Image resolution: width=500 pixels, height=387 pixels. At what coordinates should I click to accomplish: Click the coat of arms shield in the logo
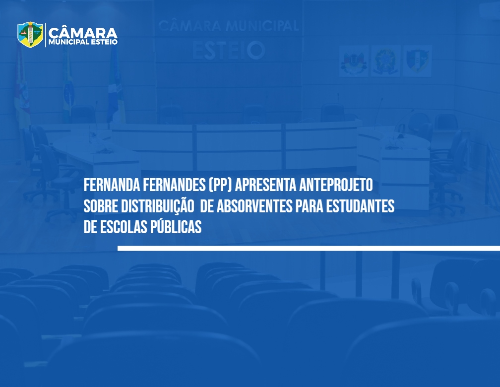[x=30, y=34]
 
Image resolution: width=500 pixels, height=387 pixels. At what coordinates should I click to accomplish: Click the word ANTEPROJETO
[x=336, y=185]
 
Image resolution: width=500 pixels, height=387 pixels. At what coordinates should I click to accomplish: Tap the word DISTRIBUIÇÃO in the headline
[x=158, y=206]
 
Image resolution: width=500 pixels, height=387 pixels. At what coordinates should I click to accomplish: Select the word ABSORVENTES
[x=254, y=206]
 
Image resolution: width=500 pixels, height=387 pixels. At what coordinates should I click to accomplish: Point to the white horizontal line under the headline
[x=309, y=248]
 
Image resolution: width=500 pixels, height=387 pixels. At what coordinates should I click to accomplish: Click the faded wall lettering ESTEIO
[x=229, y=51]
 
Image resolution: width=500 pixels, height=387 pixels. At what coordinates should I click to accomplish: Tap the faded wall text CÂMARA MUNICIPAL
[x=228, y=25]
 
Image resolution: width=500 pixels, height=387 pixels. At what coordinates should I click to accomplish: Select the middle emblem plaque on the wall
[x=385, y=61]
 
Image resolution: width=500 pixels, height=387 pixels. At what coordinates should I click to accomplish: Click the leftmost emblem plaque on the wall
[x=354, y=61]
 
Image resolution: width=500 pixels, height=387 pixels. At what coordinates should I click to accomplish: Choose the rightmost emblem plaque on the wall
[x=418, y=61]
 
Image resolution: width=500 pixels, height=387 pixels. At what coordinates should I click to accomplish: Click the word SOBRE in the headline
[x=100, y=206]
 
